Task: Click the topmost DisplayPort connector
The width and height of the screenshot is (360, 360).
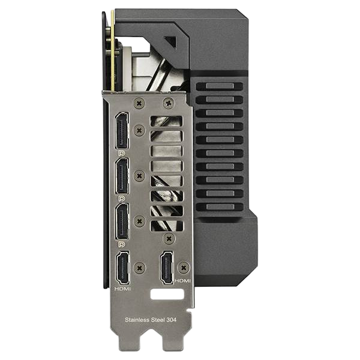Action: click(x=122, y=131)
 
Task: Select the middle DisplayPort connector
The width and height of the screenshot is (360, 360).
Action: click(x=122, y=176)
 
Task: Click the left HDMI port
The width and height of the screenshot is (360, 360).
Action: click(x=123, y=268)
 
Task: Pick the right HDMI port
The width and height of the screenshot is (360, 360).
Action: click(x=166, y=268)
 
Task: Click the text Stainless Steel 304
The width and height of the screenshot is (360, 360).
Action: click(x=151, y=320)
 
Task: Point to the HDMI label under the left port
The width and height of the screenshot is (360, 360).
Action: click(x=122, y=289)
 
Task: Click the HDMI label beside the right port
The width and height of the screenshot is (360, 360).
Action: click(x=183, y=281)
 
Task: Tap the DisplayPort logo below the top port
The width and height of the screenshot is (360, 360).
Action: click(x=121, y=153)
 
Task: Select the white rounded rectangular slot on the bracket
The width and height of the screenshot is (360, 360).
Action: click(x=167, y=294)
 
